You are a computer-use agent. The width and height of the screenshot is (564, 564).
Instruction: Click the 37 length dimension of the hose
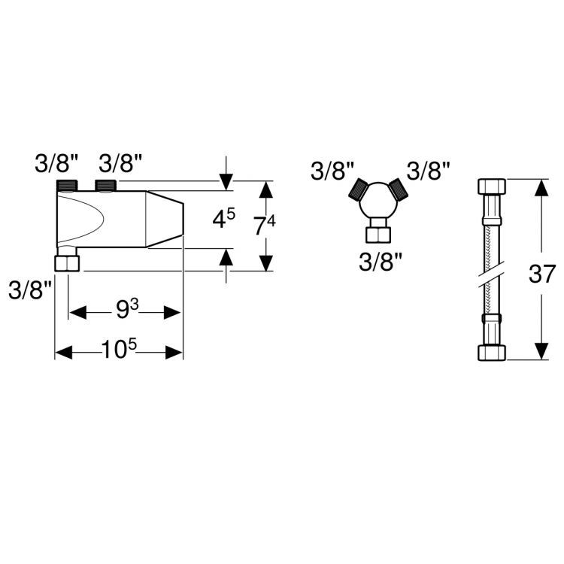tap(542, 274)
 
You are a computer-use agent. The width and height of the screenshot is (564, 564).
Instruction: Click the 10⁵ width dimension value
tap(119, 349)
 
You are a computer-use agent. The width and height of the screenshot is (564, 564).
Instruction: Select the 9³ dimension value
tap(127, 309)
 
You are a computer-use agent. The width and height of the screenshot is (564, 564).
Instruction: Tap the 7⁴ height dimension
tap(265, 226)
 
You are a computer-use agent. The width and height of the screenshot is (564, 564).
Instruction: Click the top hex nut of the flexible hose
tap(492, 186)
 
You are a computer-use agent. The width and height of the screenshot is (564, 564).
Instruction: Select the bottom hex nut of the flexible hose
tap(492, 353)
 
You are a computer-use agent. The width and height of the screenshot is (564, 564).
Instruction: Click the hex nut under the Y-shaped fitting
tap(378, 235)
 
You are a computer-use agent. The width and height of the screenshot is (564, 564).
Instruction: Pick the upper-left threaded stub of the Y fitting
tap(357, 189)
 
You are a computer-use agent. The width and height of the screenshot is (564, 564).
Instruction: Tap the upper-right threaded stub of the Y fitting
tap(399, 189)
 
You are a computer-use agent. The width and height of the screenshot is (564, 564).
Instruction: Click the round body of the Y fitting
tap(378, 202)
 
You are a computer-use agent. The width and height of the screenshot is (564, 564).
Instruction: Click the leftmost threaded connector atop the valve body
tap(68, 186)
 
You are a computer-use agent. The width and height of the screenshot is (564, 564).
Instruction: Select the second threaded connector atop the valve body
tap(105, 186)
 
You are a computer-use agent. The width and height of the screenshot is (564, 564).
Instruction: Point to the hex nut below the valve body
tap(67, 263)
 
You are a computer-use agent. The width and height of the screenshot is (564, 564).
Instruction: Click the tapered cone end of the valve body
tap(165, 219)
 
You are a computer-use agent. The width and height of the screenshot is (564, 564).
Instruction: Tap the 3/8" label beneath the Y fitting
tap(381, 262)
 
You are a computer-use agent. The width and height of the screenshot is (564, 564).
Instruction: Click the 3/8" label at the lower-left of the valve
tap(30, 290)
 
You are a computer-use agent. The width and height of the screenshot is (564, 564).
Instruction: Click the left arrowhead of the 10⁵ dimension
tap(64, 353)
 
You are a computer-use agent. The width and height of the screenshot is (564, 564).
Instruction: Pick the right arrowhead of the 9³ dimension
tap(172, 313)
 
